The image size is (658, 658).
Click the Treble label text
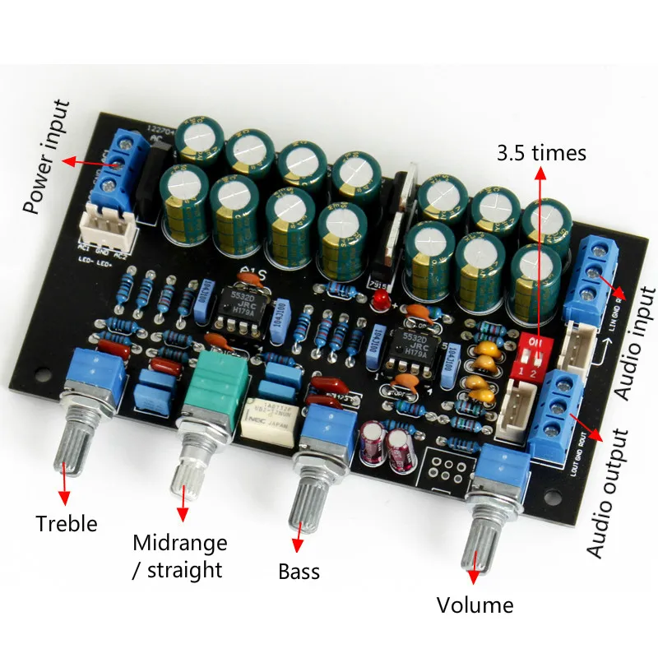point(66,524)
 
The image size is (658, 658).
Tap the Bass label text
point(299,571)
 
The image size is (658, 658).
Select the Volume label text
point(475,606)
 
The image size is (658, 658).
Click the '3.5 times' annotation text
point(541,153)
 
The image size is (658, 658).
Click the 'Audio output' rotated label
point(609,493)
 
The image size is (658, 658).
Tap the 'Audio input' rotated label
point(635,344)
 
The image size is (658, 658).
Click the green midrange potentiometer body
point(222,385)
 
